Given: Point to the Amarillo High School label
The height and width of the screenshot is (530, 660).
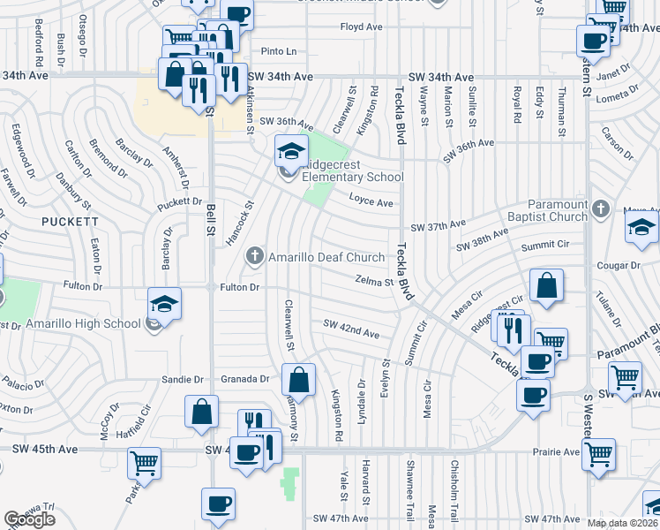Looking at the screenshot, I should [x=83, y=323].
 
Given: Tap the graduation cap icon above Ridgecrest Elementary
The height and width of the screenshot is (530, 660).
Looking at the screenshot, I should [x=291, y=151].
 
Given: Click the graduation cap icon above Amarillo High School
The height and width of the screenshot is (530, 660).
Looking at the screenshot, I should [x=165, y=304].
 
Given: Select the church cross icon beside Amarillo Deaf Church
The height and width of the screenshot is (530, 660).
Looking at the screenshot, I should [x=255, y=256].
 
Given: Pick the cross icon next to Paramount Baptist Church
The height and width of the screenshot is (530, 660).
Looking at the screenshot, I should [x=601, y=208].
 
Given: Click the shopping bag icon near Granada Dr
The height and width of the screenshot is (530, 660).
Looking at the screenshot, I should [x=299, y=380].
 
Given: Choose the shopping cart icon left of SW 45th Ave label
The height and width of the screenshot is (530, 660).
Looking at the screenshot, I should [x=144, y=463].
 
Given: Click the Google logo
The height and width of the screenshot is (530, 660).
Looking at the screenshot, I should [x=30, y=519].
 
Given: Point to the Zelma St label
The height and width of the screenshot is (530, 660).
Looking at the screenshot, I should [x=372, y=283].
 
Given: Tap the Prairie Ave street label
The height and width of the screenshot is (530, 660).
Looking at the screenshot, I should [x=555, y=451].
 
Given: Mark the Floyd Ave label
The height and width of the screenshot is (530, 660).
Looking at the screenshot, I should [x=361, y=27].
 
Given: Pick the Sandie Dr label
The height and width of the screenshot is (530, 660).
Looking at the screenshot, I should [x=183, y=379].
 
